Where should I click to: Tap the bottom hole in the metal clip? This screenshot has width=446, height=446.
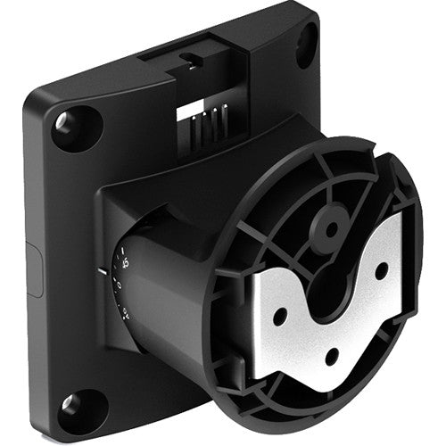pos(333,353)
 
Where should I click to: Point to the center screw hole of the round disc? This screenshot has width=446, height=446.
pos(331,228)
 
